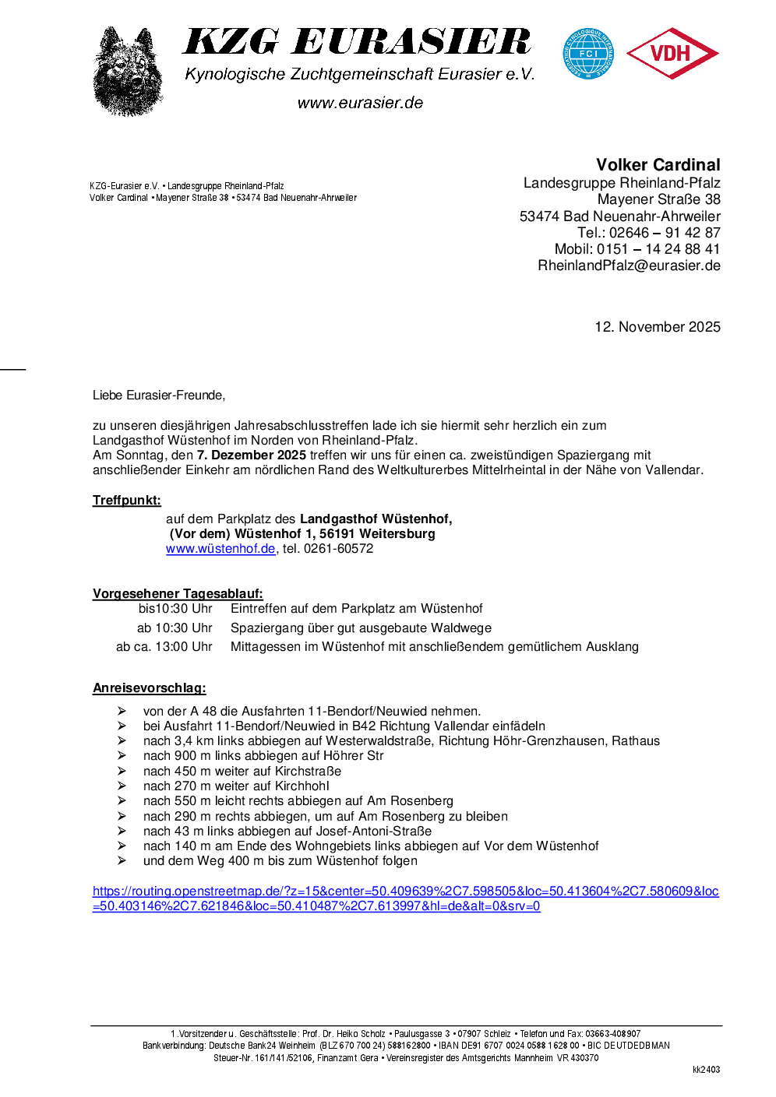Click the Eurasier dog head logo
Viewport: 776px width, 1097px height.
point(128,72)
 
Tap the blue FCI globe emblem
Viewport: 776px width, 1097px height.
point(588,54)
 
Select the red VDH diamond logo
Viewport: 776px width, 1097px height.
point(672,54)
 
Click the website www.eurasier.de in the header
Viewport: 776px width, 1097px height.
point(360,103)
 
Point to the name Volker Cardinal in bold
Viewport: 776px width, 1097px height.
point(658,165)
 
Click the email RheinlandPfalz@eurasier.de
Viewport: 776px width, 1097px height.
point(629,265)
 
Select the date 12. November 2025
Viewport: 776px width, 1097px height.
point(657,327)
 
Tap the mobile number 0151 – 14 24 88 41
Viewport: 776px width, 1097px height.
point(658,249)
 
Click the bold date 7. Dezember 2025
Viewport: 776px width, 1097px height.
point(251,455)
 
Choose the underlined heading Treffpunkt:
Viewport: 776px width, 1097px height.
point(127,501)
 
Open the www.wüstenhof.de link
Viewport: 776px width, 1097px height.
point(220,549)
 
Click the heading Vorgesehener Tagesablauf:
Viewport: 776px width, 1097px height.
point(178,594)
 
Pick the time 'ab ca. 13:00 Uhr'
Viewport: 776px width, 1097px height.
point(164,647)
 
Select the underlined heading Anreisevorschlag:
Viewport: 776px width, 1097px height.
point(149,688)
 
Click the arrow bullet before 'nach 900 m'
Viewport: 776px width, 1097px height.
point(122,756)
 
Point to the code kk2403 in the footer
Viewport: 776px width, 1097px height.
point(706,1070)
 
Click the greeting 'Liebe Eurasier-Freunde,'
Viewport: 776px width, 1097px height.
point(159,396)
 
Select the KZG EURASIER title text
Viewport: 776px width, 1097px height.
point(357,42)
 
